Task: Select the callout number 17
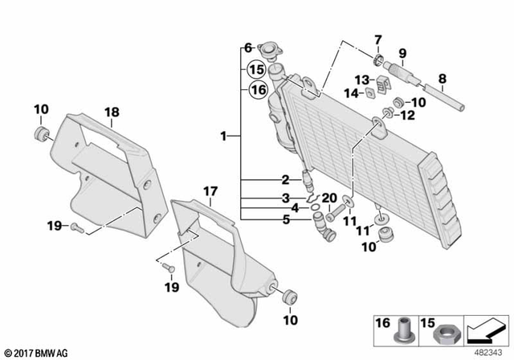click(x=210, y=191)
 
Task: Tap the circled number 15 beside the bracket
click(x=257, y=69)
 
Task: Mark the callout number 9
click(x=402, y=53)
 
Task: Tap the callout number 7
click(x=377, y=39)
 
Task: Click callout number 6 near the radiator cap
click(x=248, y=47)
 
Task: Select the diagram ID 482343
click(x=483, y=350)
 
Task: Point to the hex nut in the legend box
click(x=444, y=331)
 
